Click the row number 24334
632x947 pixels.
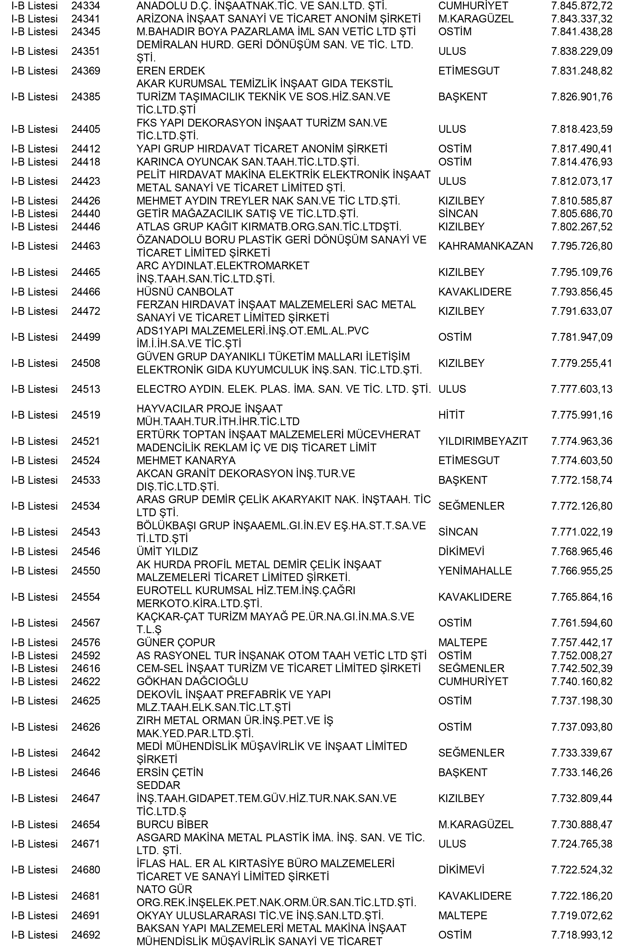85,6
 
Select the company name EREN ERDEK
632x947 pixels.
171,71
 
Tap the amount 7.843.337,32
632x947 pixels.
581,19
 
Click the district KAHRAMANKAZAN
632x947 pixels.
485,246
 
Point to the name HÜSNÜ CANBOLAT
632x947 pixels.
185,292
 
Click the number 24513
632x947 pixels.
85,389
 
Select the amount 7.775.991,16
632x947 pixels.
581,415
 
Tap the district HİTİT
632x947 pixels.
451,415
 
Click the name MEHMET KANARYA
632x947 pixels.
186,461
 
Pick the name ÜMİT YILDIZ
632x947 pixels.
167,552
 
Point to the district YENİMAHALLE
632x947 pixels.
475,571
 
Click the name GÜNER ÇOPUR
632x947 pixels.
176,642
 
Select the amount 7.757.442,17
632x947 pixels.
581,642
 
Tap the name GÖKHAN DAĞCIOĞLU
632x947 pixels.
192,681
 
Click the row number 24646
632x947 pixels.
85,772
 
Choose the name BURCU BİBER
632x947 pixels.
172,824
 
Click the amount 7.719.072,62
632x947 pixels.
581,916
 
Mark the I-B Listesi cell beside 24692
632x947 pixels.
34,935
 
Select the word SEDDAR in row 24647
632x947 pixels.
158,786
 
